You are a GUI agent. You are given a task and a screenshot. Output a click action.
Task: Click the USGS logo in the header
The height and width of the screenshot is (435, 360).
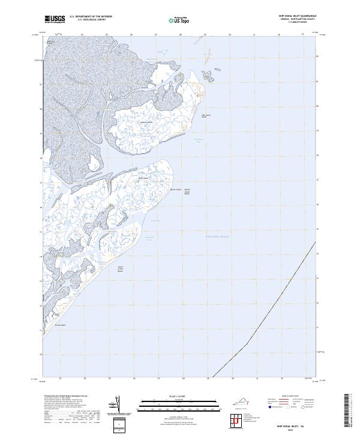(x=55, y=19)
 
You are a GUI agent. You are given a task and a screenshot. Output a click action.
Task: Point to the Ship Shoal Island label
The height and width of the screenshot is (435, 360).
(x=206, y=115)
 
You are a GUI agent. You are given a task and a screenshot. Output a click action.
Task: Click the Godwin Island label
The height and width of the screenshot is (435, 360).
(x=146, y=122)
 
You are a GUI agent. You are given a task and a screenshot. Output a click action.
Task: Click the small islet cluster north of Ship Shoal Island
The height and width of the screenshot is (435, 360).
(x=207, y=76)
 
